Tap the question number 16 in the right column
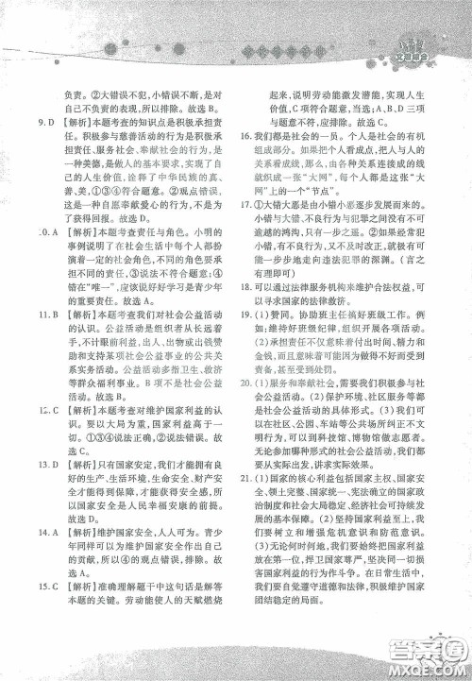coord(259,138)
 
